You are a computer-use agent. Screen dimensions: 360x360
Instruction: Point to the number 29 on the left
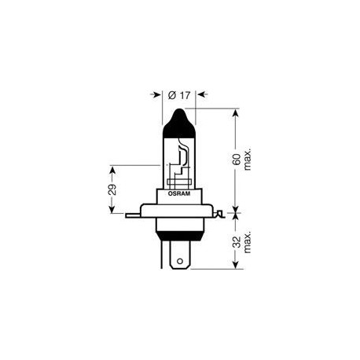click(112, 189)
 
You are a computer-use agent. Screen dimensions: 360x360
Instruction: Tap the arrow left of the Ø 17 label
click(156, 96)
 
